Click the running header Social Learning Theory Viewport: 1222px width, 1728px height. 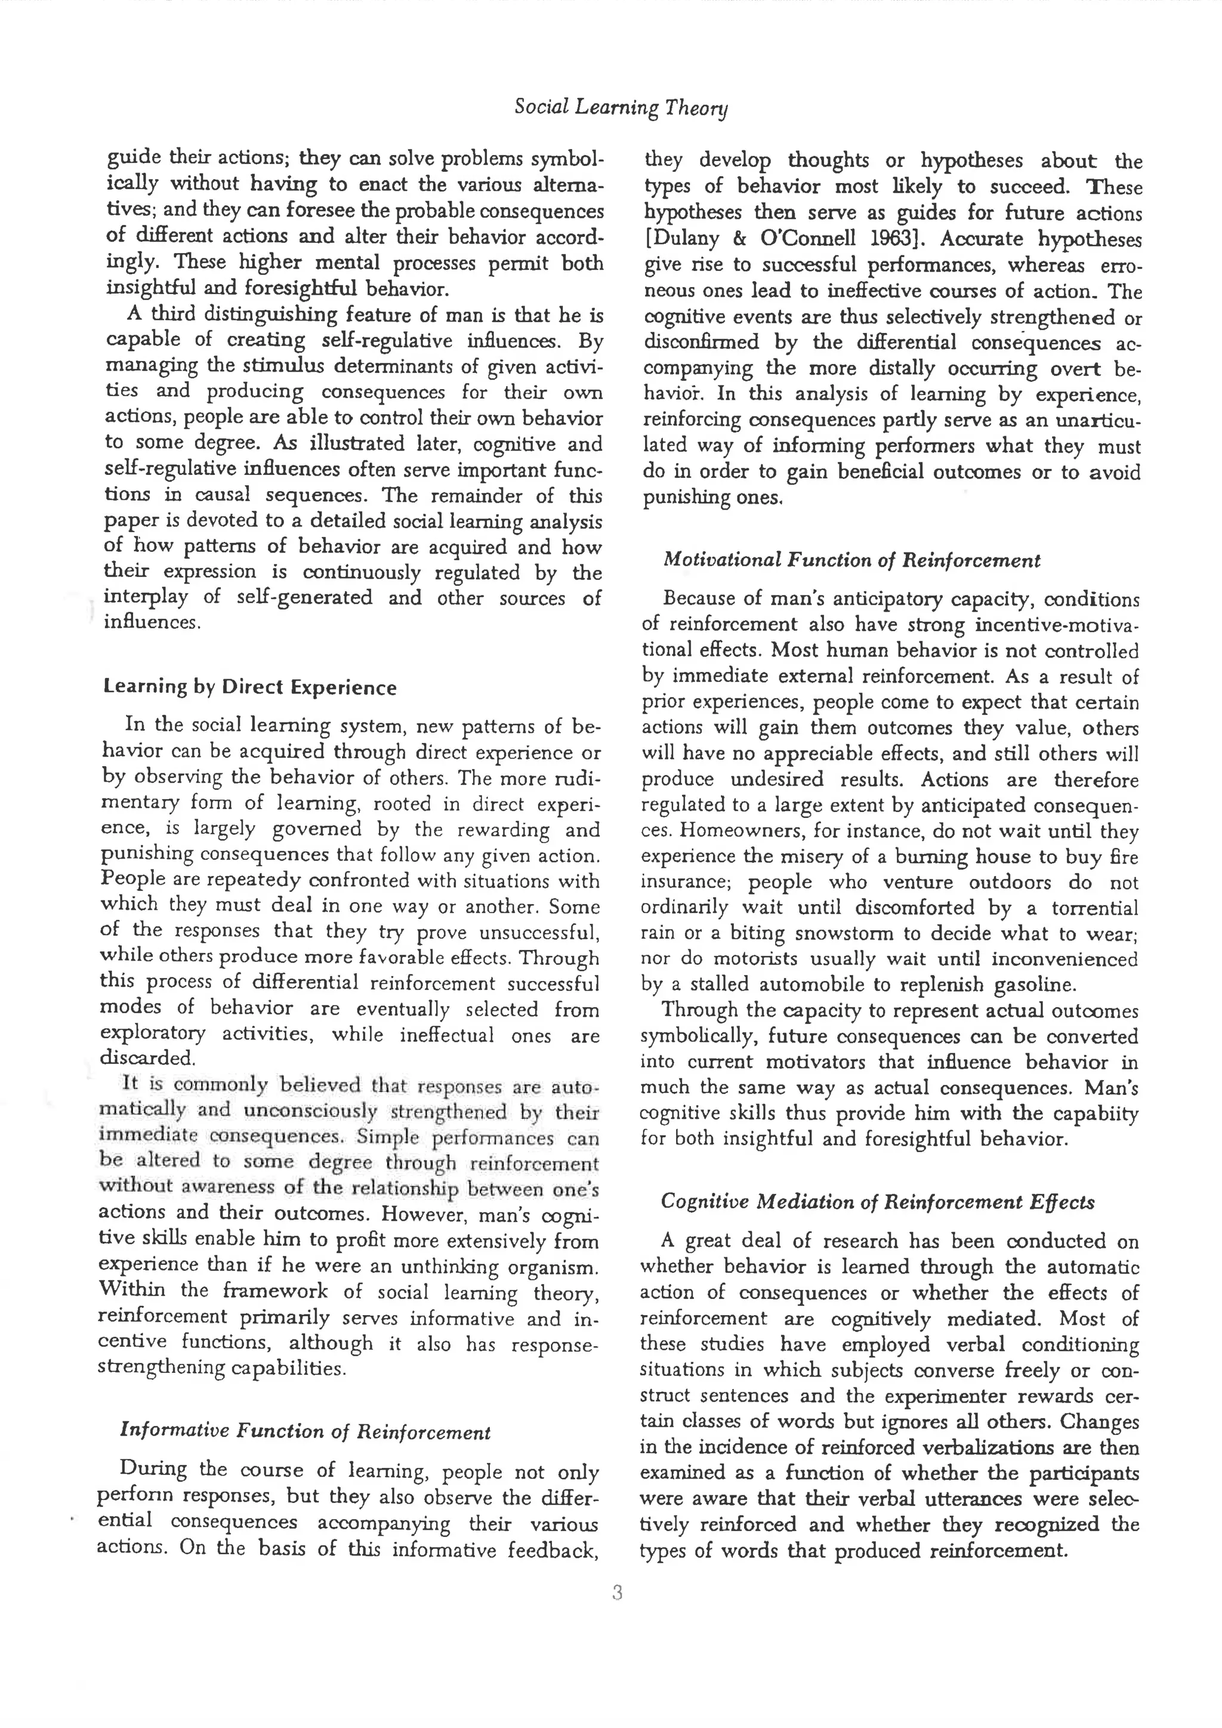(621, 107)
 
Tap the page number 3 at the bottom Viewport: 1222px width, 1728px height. (617, 1593)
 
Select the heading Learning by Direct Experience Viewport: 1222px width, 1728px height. (250, 687)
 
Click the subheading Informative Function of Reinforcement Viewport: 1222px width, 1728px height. (305, 1431)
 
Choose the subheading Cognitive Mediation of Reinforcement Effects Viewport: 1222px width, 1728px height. (877, 1202)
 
